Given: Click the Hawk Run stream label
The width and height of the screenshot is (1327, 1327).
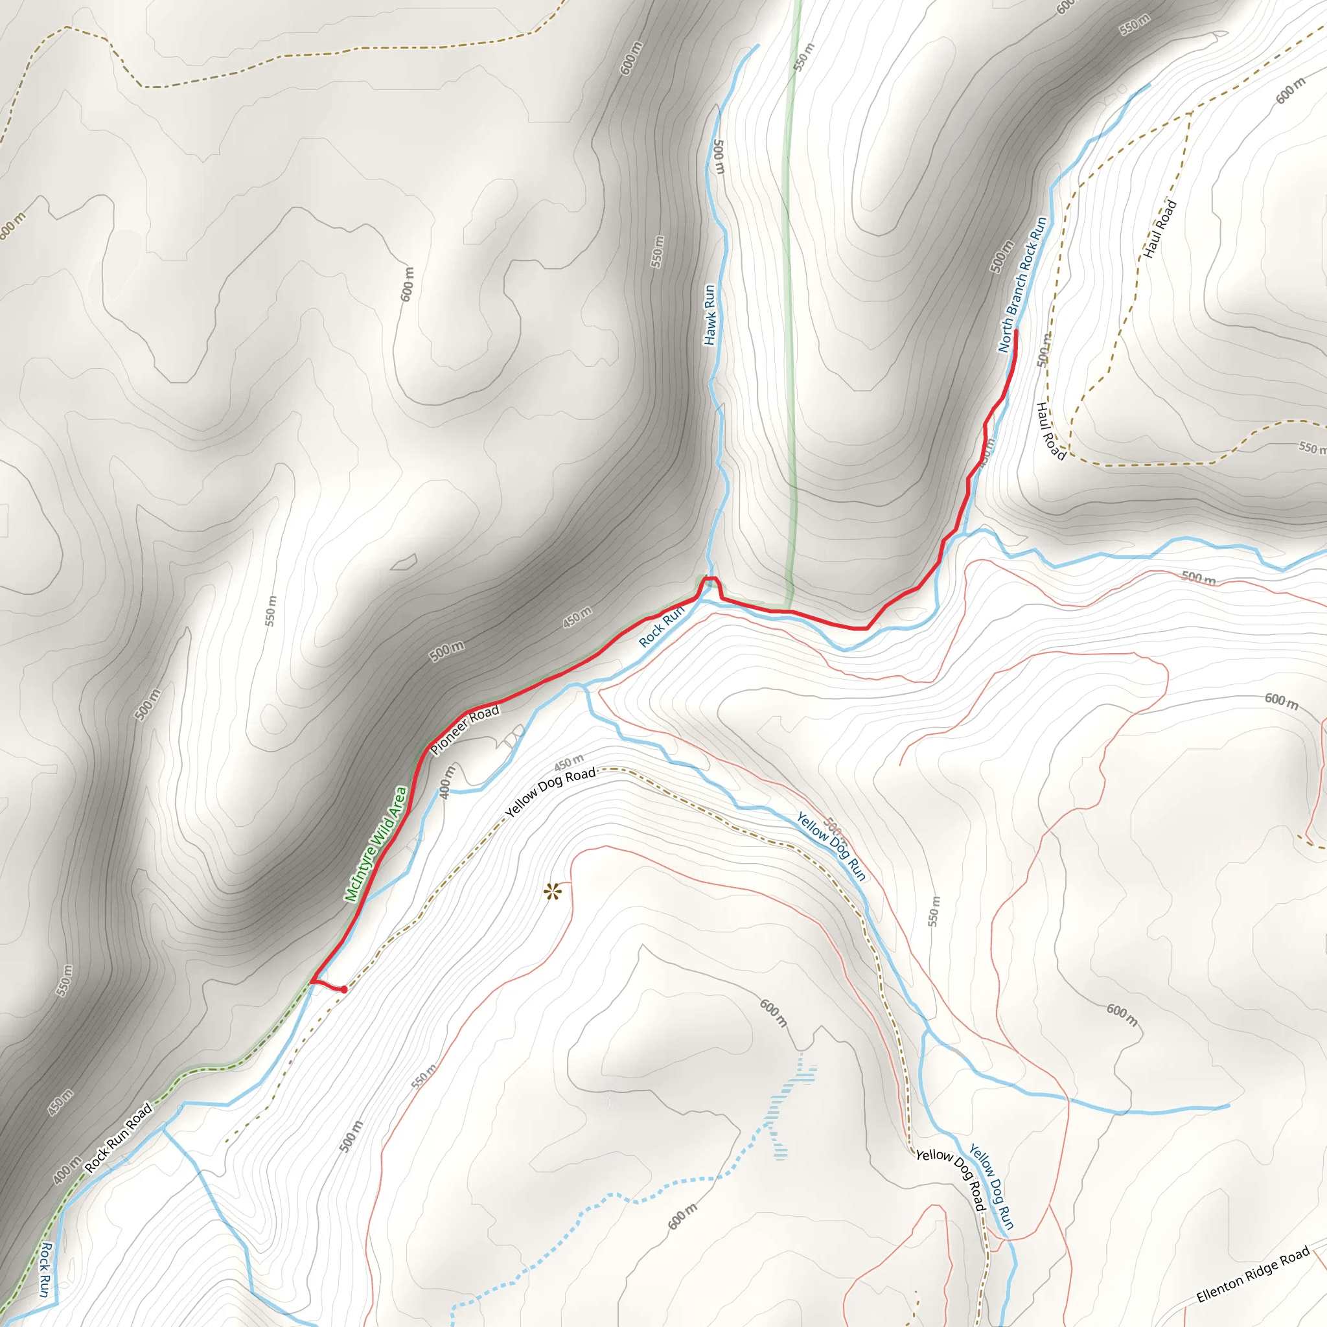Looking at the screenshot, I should pyautogui.click(x=710, y=314).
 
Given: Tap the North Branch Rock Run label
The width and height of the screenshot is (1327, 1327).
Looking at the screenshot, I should pyautogui.click(x=1022, y=284).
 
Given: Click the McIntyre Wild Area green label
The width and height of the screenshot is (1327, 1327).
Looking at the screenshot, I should pyautogui.click(x=376, y=844).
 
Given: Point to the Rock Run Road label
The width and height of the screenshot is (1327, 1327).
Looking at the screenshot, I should pyautogui.click(x=118, y=1137).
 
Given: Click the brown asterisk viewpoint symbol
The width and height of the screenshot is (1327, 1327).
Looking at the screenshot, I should pyautogui.click(x=552, y=893).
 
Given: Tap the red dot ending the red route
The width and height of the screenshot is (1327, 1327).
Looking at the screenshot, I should pyautogui.click(x=343, y=990).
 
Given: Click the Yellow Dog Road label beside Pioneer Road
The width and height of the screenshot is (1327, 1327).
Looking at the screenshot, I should pyautogui.click(x=550, y=792).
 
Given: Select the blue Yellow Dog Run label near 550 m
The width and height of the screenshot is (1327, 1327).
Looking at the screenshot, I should pyautogui.click(x=831, y=846).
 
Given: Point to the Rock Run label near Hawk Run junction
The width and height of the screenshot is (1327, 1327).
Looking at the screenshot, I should pyautogui.click(x=662, y=626).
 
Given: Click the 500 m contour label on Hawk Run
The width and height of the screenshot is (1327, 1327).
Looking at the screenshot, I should pyautogui.click(x=719, y=157).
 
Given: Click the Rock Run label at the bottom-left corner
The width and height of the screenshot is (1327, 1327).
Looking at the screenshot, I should pyautogui.click(x=45, y=1269).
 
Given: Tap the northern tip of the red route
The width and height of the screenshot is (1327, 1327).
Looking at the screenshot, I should pyautogui.click(x=1015, y=332).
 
